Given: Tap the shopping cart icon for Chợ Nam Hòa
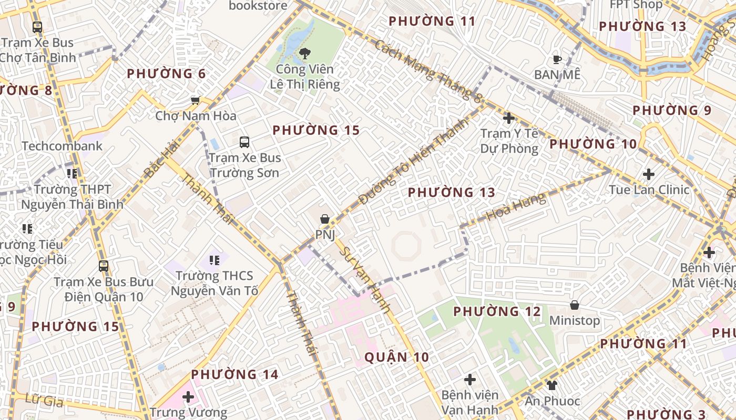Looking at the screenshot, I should click(195, 100).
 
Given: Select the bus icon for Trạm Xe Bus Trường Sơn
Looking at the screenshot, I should click(244, 142).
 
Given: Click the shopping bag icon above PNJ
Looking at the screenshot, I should click(325, 219).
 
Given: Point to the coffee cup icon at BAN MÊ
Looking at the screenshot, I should click(557, 59).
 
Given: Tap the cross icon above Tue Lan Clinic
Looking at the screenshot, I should click(649, 174).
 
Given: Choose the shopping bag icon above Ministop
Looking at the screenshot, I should click(575, 305).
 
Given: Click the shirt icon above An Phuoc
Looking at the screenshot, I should click(551, 385).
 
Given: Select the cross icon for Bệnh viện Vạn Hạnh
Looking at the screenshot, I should click(470, 379).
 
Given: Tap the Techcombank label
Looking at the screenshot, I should click(62, 146).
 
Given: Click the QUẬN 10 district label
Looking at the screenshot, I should click(397, 358).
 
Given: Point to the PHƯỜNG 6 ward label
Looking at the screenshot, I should click(166, 74).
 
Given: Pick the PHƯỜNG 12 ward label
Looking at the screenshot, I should click(497, 312).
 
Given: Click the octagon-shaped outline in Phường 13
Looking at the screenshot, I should click(406, 246).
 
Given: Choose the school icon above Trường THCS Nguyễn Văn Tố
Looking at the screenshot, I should click(214, 260).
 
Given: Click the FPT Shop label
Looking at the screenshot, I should click(636, 5).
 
